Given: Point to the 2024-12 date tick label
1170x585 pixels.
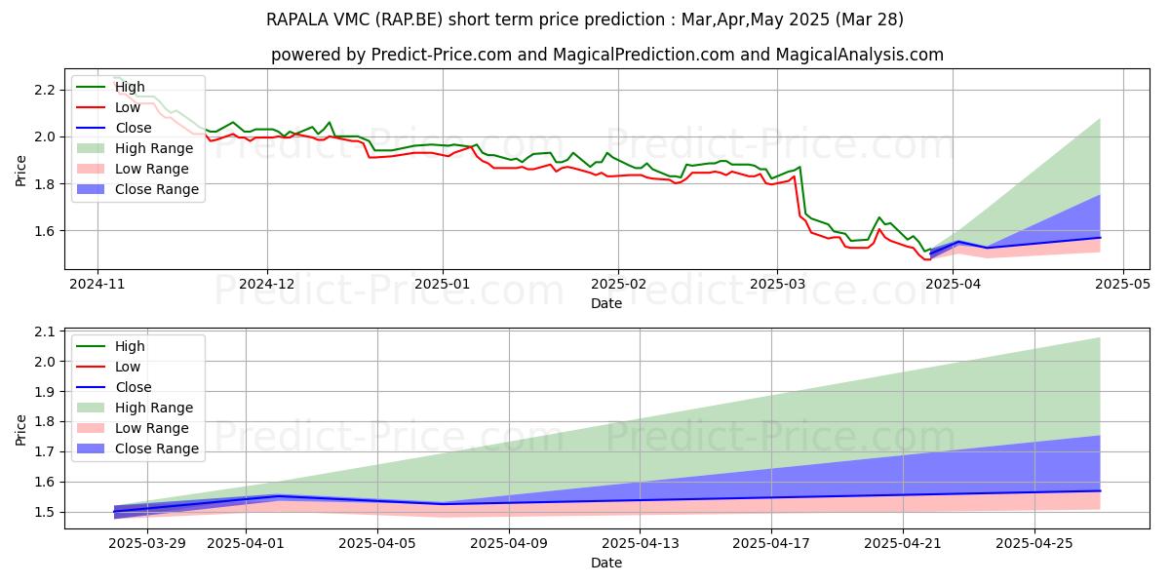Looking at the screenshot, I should (x=267, y=286).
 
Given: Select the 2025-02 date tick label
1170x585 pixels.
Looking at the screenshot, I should (x=617, y=286).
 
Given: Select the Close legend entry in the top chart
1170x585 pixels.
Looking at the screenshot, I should (x=134, y=128).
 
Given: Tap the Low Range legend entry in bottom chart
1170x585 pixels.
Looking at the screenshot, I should (x=153, y=428).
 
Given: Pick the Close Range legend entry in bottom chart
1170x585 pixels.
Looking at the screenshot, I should (x=157, y=448).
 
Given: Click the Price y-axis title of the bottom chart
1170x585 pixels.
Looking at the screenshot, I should (x=21, y=429).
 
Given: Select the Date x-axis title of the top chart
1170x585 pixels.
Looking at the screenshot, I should (x=606, y=304).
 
